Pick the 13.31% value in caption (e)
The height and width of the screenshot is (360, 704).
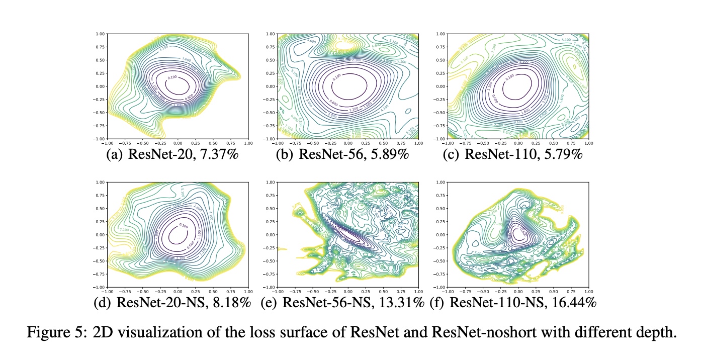(x=402, y=303)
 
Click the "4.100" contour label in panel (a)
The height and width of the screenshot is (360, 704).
(x=164, y=49)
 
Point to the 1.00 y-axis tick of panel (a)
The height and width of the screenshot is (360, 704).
(x=101, y=34)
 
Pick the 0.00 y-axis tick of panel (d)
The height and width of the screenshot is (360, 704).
(x=101, y=235)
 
